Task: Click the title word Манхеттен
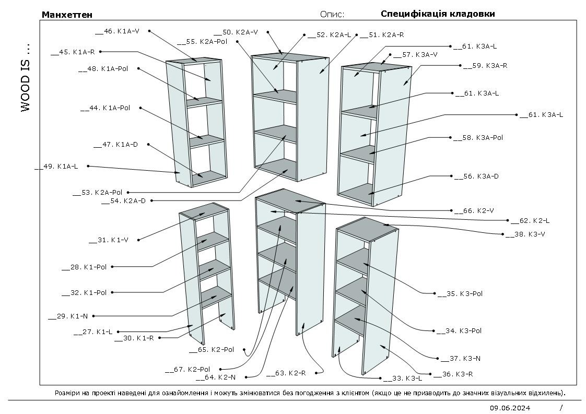(x=67, y=15)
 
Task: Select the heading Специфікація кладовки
(x=438, y=14)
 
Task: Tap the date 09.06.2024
(x=510, y=408)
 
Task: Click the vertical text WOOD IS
(x=26, y=78)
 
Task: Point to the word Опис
(x=332, y=14)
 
